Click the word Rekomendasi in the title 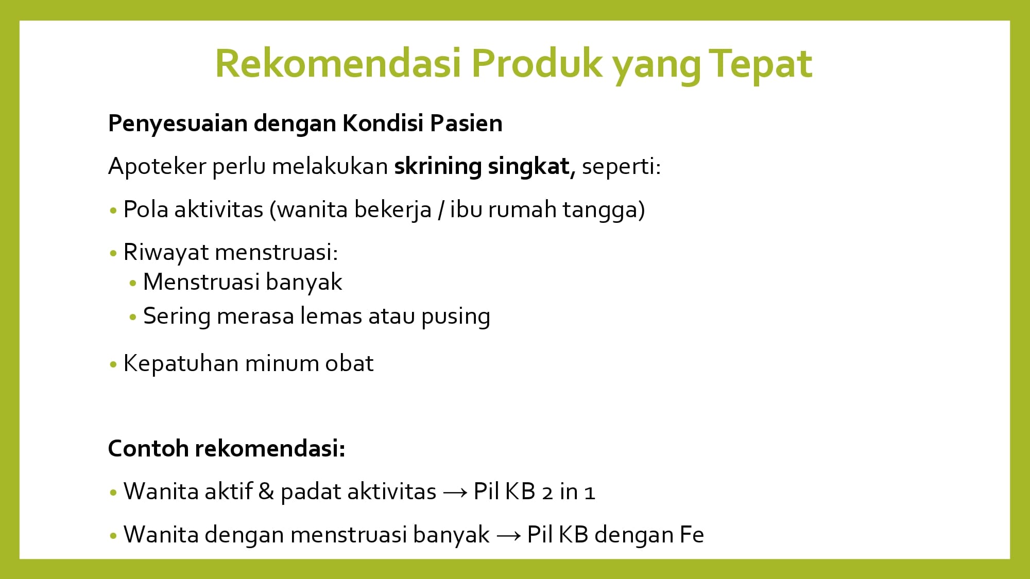point(338,63)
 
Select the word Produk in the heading point(537,63)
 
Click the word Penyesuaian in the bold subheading point(178,124)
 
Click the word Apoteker point(157,167)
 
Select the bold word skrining point(438,167)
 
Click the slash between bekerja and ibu point(441,210)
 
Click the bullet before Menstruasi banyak point(133,283)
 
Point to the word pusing point(456,317)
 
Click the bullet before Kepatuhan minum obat point(113,365)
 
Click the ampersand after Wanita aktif point(266,492)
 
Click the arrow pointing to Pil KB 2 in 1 point(455,493)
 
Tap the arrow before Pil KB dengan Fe point(509,536)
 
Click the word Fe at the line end point(692,535)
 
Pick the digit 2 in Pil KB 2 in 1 point(547,493)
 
